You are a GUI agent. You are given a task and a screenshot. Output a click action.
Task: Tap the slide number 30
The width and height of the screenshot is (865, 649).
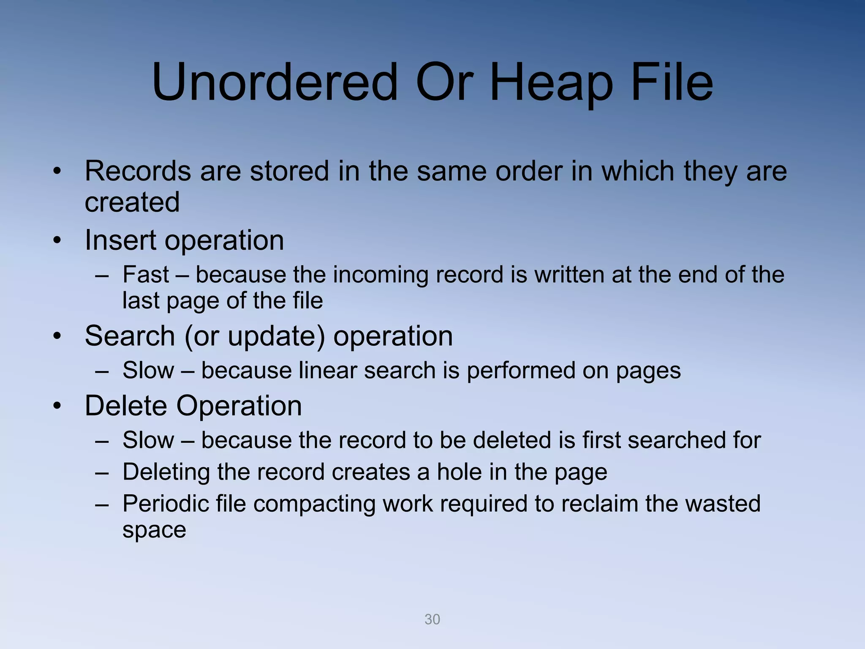pos(432,619)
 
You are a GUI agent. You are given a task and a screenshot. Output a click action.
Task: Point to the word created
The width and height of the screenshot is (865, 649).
pos(132,202)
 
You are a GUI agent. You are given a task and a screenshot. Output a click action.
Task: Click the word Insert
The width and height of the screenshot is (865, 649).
pos(120,240)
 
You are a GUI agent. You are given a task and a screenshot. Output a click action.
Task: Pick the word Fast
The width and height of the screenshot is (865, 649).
pos(146,275)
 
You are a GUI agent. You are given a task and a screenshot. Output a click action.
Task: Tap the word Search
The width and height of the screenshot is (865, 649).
pos(130,336)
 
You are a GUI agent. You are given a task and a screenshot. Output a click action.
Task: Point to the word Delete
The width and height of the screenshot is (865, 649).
pos(126,406)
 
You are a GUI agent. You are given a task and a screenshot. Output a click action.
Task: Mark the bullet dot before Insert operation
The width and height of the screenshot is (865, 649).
pos(57,241)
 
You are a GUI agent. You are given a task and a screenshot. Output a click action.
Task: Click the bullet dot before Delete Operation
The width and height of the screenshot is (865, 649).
pos(57,406)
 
